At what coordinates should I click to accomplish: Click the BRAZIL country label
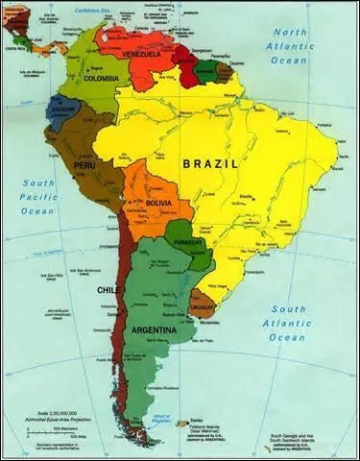tap(210, 163)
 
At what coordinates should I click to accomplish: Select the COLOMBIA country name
tap(102, 79)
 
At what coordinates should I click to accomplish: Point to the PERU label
tap(85, 165)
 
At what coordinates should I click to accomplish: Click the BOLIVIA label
tap(158, 204)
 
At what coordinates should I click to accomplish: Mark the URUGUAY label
tap(203, 307)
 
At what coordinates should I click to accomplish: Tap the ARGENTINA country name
tap(154, 329)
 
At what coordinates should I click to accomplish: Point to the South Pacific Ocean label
tap(38, 196)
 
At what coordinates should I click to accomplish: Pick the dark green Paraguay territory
tap(182, 233)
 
